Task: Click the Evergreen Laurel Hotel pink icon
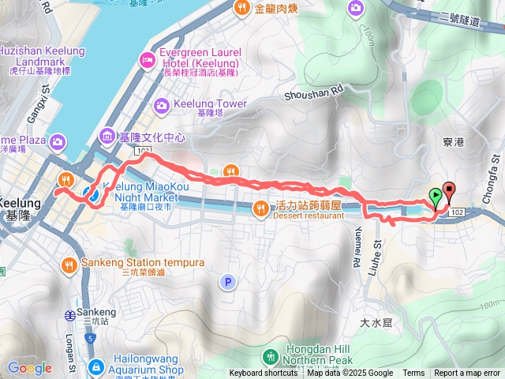[148, 59]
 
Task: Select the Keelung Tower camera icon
[162, 105]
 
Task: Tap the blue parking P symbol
[228, 282]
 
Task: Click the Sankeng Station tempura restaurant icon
[69, 265]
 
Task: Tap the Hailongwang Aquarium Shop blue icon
[95, 367]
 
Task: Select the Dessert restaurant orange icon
[260, 208]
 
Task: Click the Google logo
[29, 368]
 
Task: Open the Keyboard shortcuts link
[264, 373]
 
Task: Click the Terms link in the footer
[413, 373]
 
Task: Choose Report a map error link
[467, 373]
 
